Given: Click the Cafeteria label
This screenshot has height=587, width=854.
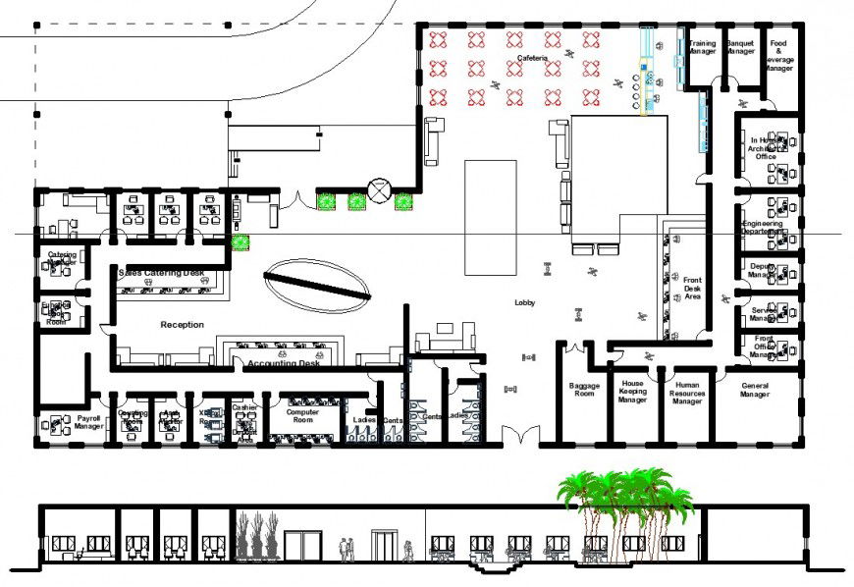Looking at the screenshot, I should (x=532, y=59).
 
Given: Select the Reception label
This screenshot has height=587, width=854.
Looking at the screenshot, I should (x=183, y=324).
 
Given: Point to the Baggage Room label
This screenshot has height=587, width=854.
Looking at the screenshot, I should (x=584, y=390).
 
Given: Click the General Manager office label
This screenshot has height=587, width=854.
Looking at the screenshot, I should (x=756, y=390).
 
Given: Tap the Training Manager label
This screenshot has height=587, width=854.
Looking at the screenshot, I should (x=702, y=47).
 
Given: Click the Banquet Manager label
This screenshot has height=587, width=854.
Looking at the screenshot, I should (x=740, y=47).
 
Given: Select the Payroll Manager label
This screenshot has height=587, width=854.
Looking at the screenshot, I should (x=89, y=422).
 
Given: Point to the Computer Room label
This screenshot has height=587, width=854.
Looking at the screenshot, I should (x=303, y=414).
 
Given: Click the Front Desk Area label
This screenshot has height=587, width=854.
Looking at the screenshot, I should (x=693, y=287).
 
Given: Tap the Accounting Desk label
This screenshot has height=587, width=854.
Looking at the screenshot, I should (x=284, y=364).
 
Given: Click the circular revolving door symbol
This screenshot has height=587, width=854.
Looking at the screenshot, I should (x=379, y=189).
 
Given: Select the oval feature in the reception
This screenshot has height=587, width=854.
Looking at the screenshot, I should (x=317, y=280).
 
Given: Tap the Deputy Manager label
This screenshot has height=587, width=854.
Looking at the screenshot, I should (x=763, y=270).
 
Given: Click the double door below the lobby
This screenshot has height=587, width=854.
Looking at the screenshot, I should (x=519, y=435).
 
